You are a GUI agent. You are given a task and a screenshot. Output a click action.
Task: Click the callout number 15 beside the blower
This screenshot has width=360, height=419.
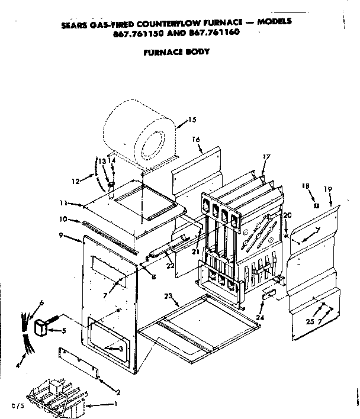tap(191, 120)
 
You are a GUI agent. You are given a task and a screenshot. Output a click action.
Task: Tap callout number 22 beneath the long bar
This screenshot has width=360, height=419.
tap(171, 265)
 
